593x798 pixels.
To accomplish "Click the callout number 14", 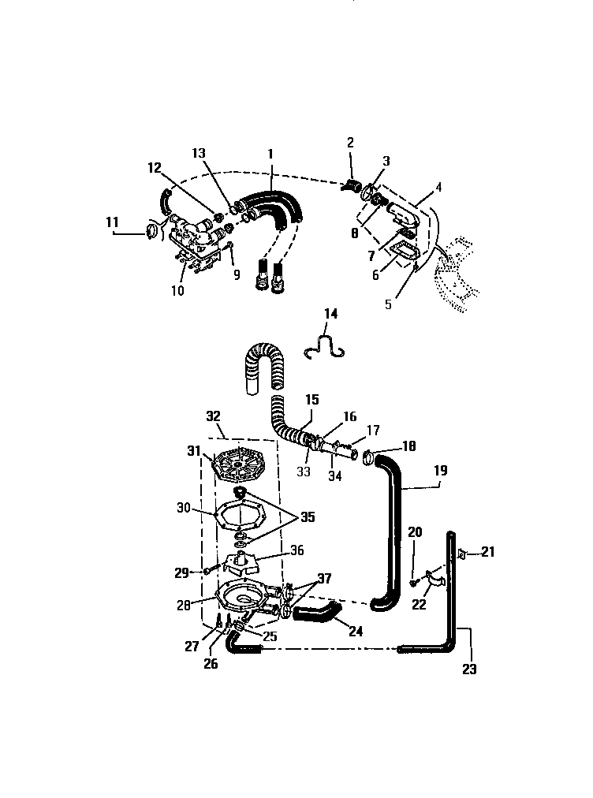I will point(331,315).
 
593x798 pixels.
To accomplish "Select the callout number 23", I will point(469,669).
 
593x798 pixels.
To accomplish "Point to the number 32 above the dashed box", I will point(214,416).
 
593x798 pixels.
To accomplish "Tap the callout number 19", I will point(440,471).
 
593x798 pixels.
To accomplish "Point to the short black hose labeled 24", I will point(319,611).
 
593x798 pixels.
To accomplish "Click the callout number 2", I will point(351,143).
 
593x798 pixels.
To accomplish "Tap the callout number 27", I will point(192,645).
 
